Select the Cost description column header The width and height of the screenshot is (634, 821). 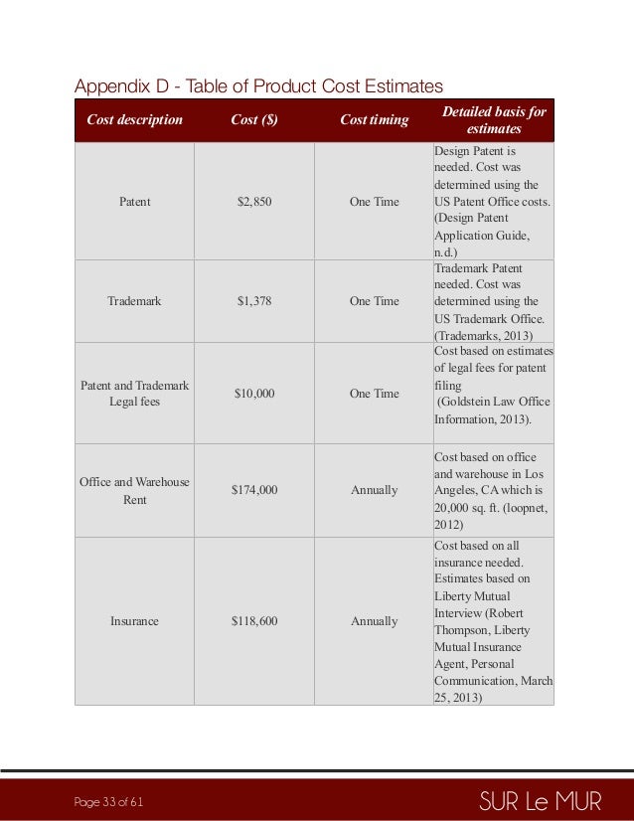point(134,120)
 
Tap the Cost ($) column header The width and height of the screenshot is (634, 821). point(253,120)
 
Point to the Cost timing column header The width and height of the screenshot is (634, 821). point(374,120)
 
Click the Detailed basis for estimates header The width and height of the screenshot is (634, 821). point(493,120)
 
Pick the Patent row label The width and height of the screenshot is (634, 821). point(134,202)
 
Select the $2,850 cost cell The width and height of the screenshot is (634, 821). point(253,202)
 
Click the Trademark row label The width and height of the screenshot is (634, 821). point(134,301)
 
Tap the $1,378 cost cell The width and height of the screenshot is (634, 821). point(253,301)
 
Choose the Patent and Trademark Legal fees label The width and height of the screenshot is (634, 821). point(134,394)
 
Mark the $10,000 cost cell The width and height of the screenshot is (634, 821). point(253,394)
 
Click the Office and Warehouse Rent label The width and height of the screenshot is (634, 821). point(134,491)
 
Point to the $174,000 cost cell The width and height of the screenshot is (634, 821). point(253,491)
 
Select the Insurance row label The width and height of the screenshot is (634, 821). point(134,621)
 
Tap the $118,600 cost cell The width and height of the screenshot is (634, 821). point(253,621)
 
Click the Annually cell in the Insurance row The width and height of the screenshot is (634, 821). point(374,621)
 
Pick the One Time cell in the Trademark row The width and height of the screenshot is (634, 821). point(374,301)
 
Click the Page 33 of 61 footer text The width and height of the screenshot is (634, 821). point(109,802)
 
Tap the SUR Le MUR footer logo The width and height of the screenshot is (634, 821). point(540,801)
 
